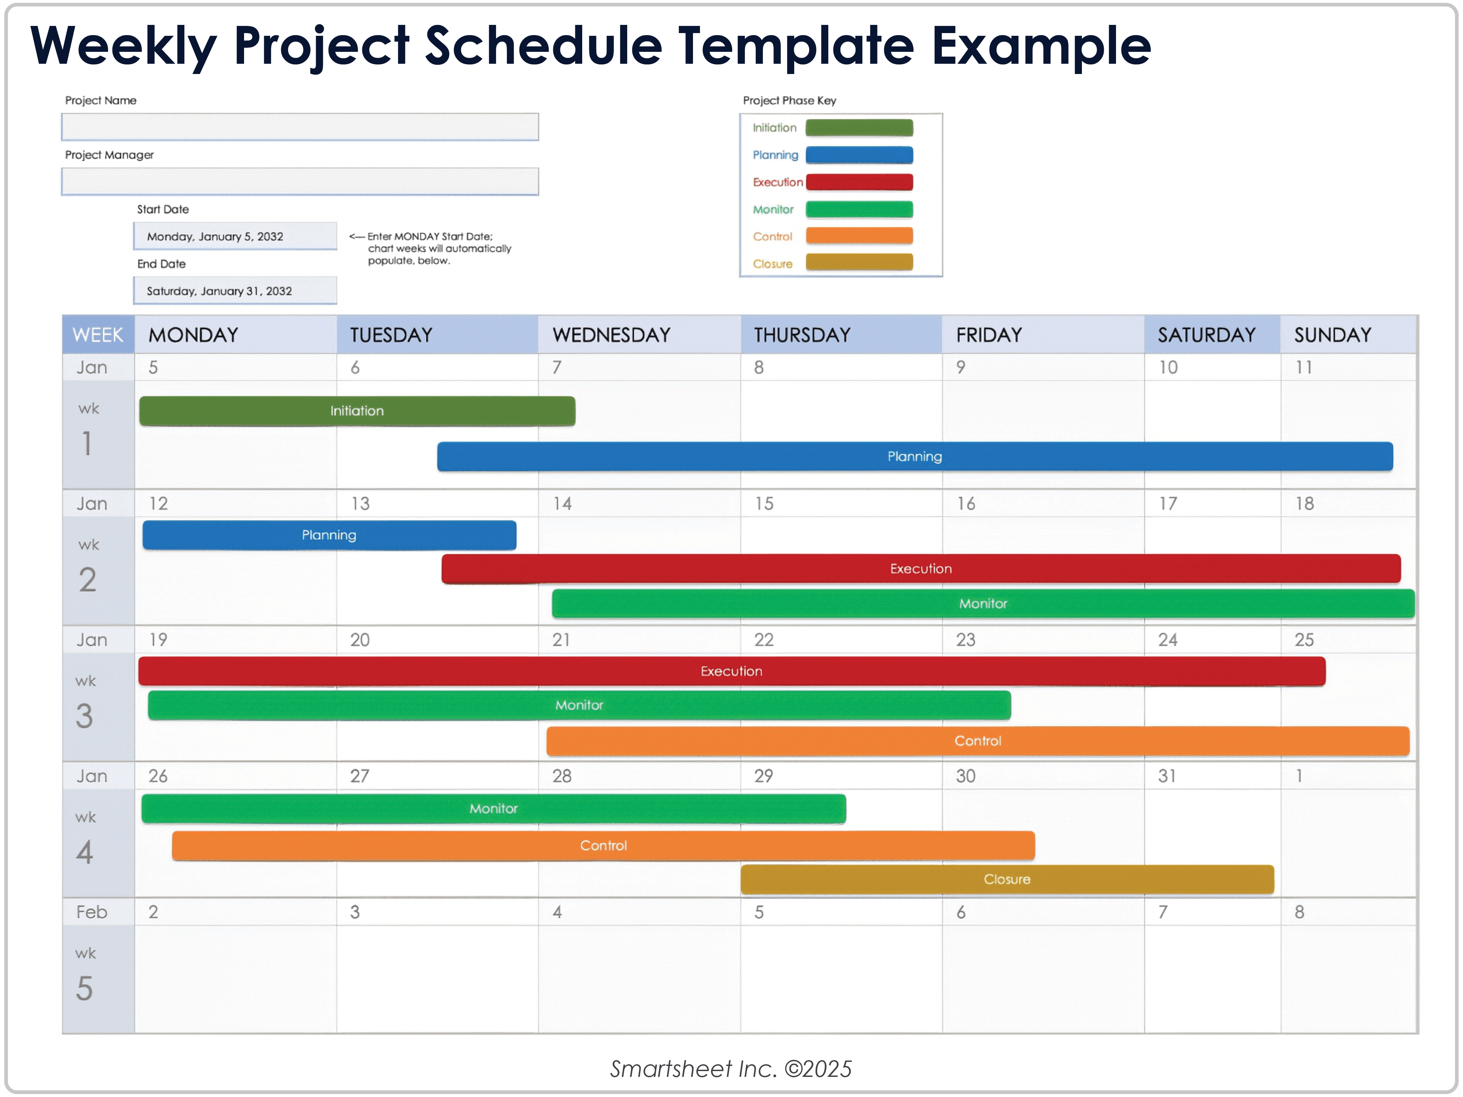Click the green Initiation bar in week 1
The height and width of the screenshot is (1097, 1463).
coord(357,411)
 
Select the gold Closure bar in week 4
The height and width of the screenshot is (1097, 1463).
coord(1007,879)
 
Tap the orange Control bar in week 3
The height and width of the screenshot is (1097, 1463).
coord(978,741)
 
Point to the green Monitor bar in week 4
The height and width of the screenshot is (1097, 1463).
coord(493,809)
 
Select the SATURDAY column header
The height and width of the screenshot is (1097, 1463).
coord(1206,335)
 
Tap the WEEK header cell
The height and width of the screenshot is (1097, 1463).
coord(98,335)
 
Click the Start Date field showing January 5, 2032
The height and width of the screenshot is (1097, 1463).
coord(235,236)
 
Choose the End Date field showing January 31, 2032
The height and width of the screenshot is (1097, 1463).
coord(235,291)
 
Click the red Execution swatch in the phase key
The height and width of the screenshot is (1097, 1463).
coord(859,182)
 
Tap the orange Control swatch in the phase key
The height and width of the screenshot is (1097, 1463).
coord(859,236)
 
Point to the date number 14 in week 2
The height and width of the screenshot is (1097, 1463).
coord(562,504)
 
